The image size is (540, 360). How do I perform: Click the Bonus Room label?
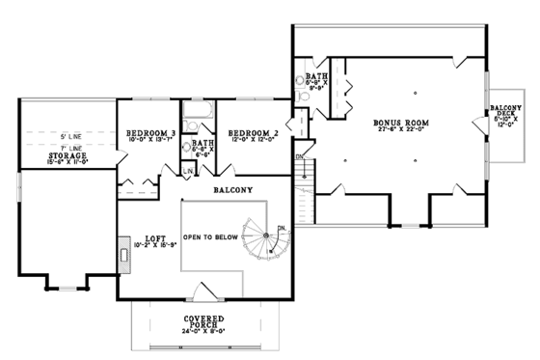point(401,124)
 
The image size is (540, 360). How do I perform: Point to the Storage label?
point(67,154)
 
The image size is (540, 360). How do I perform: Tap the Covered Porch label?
point(204,321)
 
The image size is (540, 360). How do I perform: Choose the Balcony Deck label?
point(506,112)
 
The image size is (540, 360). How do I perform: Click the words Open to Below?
point(214,235)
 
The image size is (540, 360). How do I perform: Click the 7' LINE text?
point(69,147)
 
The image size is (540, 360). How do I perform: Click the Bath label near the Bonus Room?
point(317,75)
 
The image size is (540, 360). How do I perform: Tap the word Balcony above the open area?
point(234,190)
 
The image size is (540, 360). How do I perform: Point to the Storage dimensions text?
point(67,163)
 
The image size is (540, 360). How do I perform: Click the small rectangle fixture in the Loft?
point(125,256)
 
